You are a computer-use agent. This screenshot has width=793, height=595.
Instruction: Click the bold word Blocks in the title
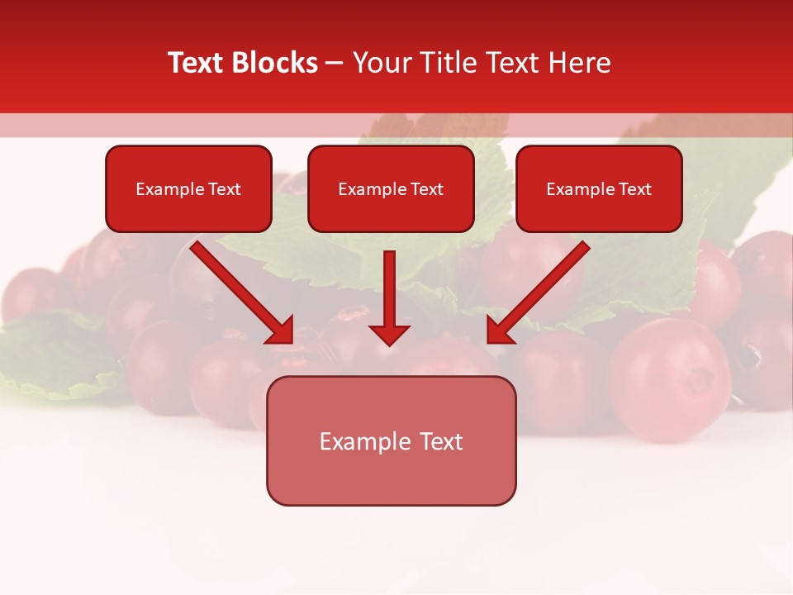[x=276, y=63]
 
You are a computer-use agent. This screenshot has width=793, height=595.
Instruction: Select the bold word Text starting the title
[x=198, y=63]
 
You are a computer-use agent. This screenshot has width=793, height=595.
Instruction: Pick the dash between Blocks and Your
[x=335, y=64]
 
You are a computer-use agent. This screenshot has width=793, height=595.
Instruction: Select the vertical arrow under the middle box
[x=389, y=289]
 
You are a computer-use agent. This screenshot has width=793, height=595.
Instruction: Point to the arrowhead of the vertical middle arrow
[x=389, y=334]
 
